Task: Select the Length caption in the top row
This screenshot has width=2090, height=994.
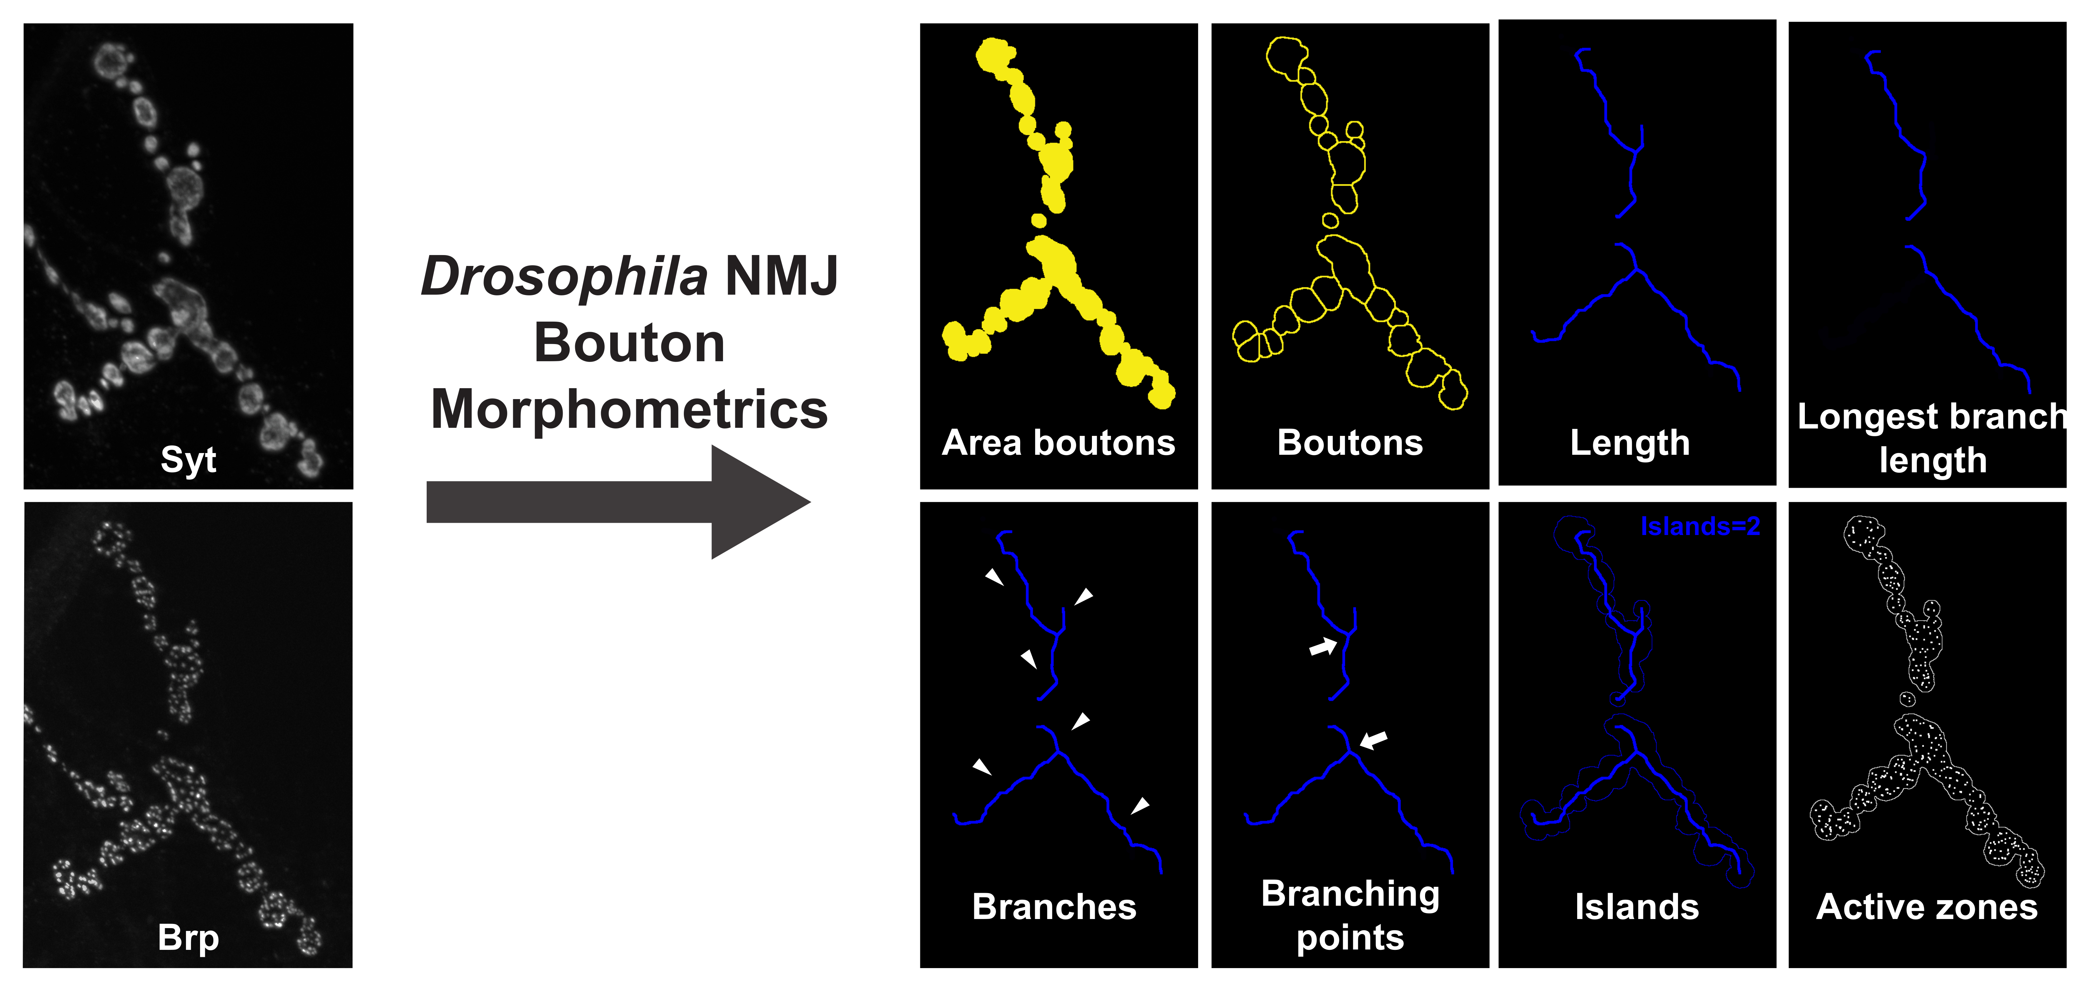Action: coord(1630,443)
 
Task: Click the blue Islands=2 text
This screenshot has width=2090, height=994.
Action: coord(1700,527)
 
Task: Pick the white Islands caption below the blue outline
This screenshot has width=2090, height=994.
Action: coord(1636,906)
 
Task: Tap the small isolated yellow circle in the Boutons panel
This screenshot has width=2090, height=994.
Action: coord(1330,220)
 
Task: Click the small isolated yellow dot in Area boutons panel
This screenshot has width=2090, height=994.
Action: coord(1038,220)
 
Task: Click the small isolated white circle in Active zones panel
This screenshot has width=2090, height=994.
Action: coord(1907,699)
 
